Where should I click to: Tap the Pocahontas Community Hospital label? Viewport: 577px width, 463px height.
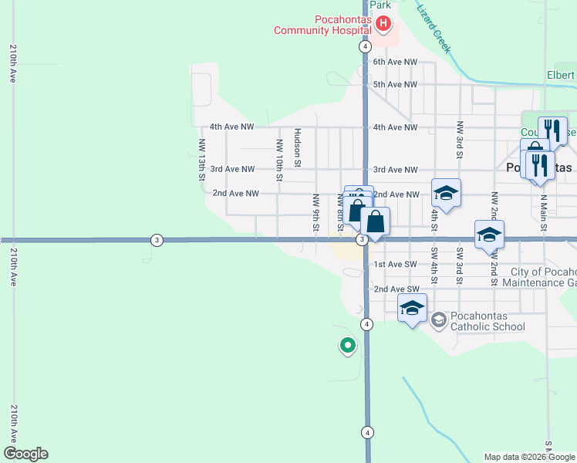pyautogui.click(x=326, y=25)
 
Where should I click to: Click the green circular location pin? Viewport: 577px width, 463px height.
pyautogui.click(x=348, y=346)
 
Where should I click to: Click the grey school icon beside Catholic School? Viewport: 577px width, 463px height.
pyautogui.click(x=438, y=319)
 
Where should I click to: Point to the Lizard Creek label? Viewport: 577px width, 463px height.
pyautogui.click(x=434, y=29)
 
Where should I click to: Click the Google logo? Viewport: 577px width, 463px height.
pyautogui.click(x=25, y=454)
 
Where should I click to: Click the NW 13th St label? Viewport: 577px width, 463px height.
pyautogui.click(x=202, y=160)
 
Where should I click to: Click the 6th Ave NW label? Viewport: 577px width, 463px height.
pyautogui.click(x=395, y=62)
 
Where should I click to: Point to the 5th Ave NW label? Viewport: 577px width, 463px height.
pyautogui.click(x=395, y=84)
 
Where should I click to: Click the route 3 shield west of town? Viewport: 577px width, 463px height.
pyautogui.click(x=157, y=240)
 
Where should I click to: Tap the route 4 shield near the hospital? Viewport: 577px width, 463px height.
pyautogui.click(x=364, y=46)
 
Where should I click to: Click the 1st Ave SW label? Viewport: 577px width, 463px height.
pyautogui.click(x=395, y=265)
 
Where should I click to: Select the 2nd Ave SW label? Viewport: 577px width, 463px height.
pyautogui.click(x=395, y=289)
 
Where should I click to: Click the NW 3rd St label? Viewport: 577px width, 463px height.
pyautogui.click(x=460, y=139)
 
